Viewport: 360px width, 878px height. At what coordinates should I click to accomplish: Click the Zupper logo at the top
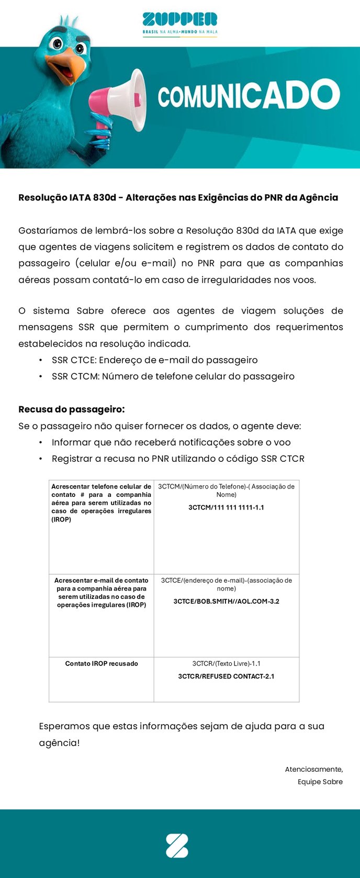[179, 20]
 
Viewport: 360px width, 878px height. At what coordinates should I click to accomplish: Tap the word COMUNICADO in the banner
[249, 95]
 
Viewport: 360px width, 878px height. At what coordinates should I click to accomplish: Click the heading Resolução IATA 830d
[178, 197]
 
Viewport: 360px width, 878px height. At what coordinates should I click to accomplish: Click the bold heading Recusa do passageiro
[71, 409]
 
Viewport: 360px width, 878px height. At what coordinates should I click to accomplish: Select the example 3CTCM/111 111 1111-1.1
[226, 507]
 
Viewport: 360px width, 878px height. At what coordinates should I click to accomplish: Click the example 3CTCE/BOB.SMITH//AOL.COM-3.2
[226, 601]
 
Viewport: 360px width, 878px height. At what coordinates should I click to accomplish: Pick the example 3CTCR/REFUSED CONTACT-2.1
[226, 676]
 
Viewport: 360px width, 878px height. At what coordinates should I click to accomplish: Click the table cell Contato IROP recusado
[102, 663]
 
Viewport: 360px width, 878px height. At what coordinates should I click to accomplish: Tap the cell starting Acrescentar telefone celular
[102, 503]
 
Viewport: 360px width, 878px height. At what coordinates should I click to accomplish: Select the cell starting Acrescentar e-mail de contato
[102, 592]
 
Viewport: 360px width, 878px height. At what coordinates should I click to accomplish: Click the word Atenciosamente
[313, 769]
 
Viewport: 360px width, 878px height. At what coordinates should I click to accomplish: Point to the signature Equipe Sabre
[320, 782]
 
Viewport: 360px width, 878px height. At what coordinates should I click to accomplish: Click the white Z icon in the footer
[177, 846]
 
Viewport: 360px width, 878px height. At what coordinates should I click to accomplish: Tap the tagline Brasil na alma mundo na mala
[179, 32]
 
